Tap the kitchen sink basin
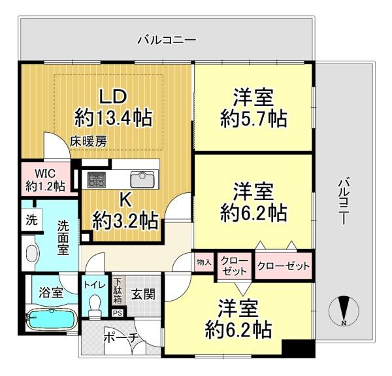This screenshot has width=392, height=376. pos(142,179)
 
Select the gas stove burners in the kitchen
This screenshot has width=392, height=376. pos(96,179)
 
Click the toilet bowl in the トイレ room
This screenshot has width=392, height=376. pos(95,305)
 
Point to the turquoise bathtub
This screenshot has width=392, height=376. pos(52,320)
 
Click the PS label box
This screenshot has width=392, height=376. pos(117,313)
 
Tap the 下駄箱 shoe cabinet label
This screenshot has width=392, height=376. pos(118,292)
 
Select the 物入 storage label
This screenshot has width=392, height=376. pos(204,262)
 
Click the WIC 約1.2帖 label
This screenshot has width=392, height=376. pos(46,180)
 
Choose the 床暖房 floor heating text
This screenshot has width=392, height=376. pos(88,142)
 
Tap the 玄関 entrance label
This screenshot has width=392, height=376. pos(143,294)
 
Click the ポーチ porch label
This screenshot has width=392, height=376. pos(122,339)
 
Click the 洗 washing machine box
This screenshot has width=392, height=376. pos(32,220)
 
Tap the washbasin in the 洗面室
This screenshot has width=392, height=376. pos(33,253)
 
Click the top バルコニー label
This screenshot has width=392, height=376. pos(167,41)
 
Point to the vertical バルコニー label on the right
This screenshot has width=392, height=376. pos(344,201)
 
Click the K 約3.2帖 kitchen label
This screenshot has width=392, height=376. pos(125,212)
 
